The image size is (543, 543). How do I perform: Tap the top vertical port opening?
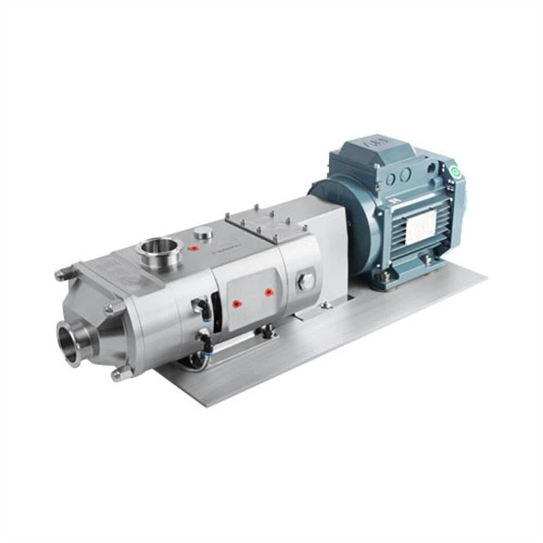tap(156, 245)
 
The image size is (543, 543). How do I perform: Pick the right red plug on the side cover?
tap(269, 292)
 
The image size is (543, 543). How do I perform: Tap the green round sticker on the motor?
tap(455, 173)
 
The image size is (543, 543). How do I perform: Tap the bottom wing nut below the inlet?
tap(119, 374)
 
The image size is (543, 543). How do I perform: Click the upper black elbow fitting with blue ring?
tap(198, 306)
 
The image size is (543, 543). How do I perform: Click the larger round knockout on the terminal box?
tap(406, 175)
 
